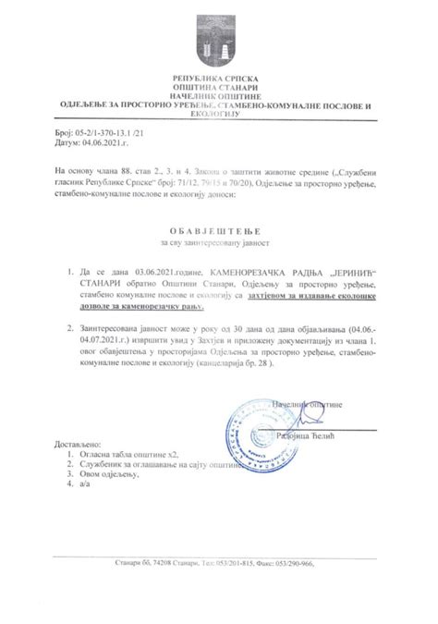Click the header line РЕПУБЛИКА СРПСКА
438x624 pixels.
pos(219,81)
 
